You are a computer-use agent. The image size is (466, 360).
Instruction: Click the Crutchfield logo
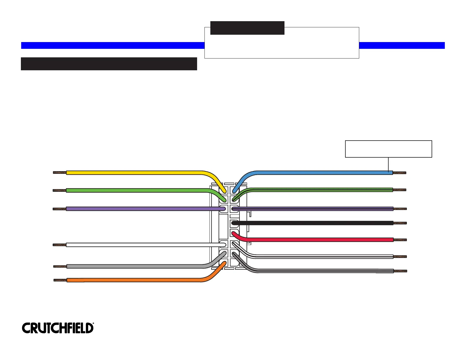pos(58,328)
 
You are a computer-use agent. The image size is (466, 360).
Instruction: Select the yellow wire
pos(132,173)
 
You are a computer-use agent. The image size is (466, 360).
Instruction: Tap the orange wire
pos(132,280)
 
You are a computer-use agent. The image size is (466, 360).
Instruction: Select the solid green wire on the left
pos(132,190)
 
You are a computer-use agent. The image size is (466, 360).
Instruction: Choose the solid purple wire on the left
pos(132,209)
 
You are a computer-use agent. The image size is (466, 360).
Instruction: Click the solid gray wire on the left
pos(132,266)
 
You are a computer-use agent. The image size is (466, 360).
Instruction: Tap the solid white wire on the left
pos(132,245)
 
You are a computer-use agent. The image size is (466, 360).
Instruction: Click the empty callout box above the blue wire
pos(388,149)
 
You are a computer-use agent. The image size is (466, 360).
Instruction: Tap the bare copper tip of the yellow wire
pos(59,173)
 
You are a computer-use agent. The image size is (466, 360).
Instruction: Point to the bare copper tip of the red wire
pos(400,240)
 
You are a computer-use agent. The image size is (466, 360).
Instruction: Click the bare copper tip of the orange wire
pos(60,280)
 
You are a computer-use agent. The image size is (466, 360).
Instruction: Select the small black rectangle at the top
pos(247,28)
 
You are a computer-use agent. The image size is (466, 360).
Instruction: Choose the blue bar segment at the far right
pos(402,45)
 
